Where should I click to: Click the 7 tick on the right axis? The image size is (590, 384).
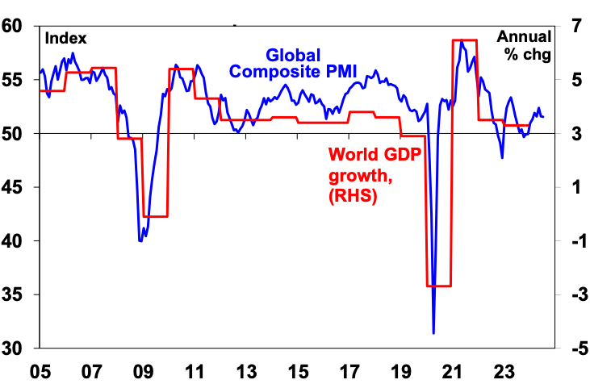coord(571,26)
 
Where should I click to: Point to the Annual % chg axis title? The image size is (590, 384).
coord(524,46)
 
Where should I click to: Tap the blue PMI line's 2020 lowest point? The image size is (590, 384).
coord(433,332)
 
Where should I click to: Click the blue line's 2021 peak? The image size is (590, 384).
coord(462,42)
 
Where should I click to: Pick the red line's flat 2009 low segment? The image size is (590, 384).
coord(154,216)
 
